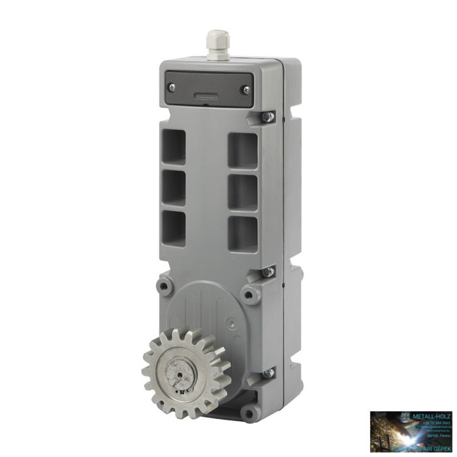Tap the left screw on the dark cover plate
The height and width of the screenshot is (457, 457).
tap(172, 87)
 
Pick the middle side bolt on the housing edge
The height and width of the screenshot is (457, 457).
tap(267, 272)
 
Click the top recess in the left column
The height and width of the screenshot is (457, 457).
tap(174, 145)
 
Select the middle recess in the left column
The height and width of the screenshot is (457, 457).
tap(174, 187)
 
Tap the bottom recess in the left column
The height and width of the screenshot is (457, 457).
tap(174, 228)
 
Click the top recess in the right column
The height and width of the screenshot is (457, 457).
tap(242, 150)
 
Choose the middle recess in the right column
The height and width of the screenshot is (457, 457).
tap(242, 192)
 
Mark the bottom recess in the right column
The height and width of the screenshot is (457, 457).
tap(242, 233)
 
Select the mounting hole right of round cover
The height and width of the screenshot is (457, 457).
tap(249, 294)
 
